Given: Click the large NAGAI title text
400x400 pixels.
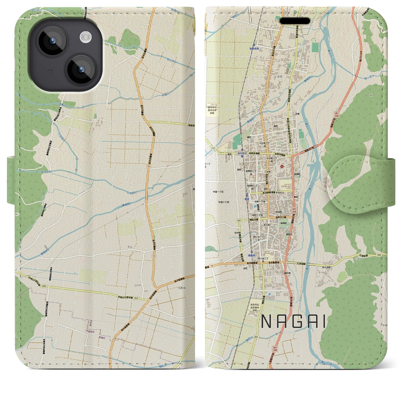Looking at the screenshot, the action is pos(293,321).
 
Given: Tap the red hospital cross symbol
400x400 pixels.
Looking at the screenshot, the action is pos(282,166).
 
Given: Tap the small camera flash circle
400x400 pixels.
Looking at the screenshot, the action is pos(85,37).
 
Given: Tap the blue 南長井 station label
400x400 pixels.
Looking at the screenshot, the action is pos(252,256).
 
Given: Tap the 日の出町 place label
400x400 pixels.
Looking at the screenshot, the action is pos(327,267).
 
